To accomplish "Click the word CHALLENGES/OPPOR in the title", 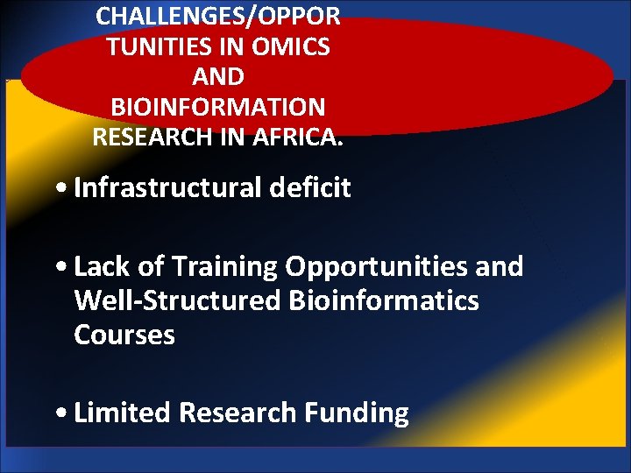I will pos(218,15).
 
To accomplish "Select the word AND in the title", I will pos(218,76).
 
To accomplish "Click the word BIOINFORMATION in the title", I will pos(218,107).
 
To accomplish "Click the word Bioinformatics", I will pos(384,300).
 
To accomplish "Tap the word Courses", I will pos(124,335).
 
